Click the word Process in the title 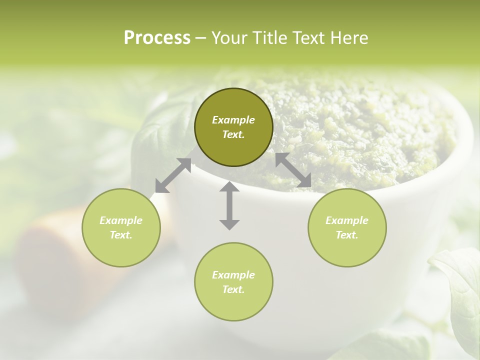pos(157,38)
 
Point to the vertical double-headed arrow pos(229,205)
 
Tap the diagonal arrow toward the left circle pos(173,175)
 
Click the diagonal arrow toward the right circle pos(293,170)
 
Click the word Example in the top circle pos(233,120)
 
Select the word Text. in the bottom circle pos(233,289)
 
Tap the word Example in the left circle pos(121,220)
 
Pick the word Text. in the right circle pos(347,235)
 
